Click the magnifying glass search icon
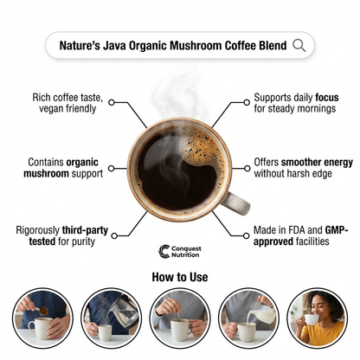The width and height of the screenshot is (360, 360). (299, 45)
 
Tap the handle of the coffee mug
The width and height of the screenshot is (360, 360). (235, 201)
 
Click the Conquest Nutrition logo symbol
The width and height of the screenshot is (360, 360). (165, 251)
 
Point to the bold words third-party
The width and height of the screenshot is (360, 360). (83, 230)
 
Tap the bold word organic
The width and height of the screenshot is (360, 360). (85, 162)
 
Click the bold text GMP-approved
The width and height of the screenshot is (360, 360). (285, 242)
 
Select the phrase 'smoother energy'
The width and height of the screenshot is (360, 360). (305, 162)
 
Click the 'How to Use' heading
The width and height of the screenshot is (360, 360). (179, 278)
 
